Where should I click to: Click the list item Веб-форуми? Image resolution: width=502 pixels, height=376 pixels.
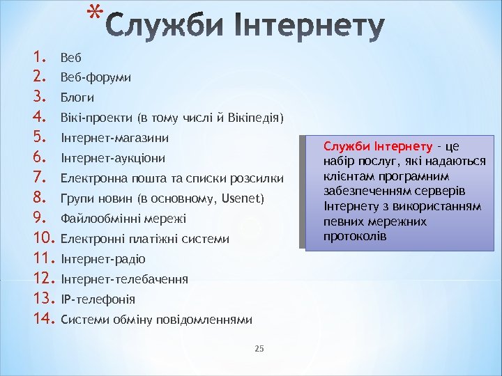(x=96, y=77)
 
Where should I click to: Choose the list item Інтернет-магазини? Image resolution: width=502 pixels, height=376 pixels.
(x=115, y=138)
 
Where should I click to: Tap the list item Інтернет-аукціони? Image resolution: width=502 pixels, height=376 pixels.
(x=113, y=158)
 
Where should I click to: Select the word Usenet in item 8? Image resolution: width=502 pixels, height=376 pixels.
(x=241, y=198)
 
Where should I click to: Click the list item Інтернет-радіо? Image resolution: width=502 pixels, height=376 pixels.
(x=103, y=259)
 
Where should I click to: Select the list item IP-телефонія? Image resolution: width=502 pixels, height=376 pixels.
(x=98, y=299)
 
